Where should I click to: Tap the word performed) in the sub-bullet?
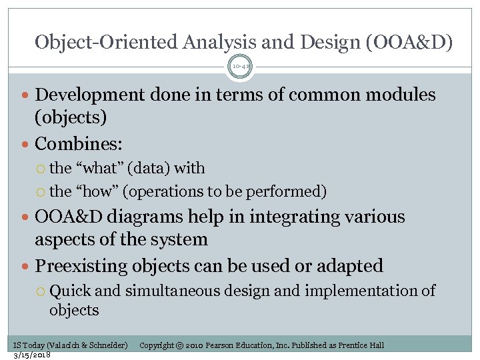[291, 192]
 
